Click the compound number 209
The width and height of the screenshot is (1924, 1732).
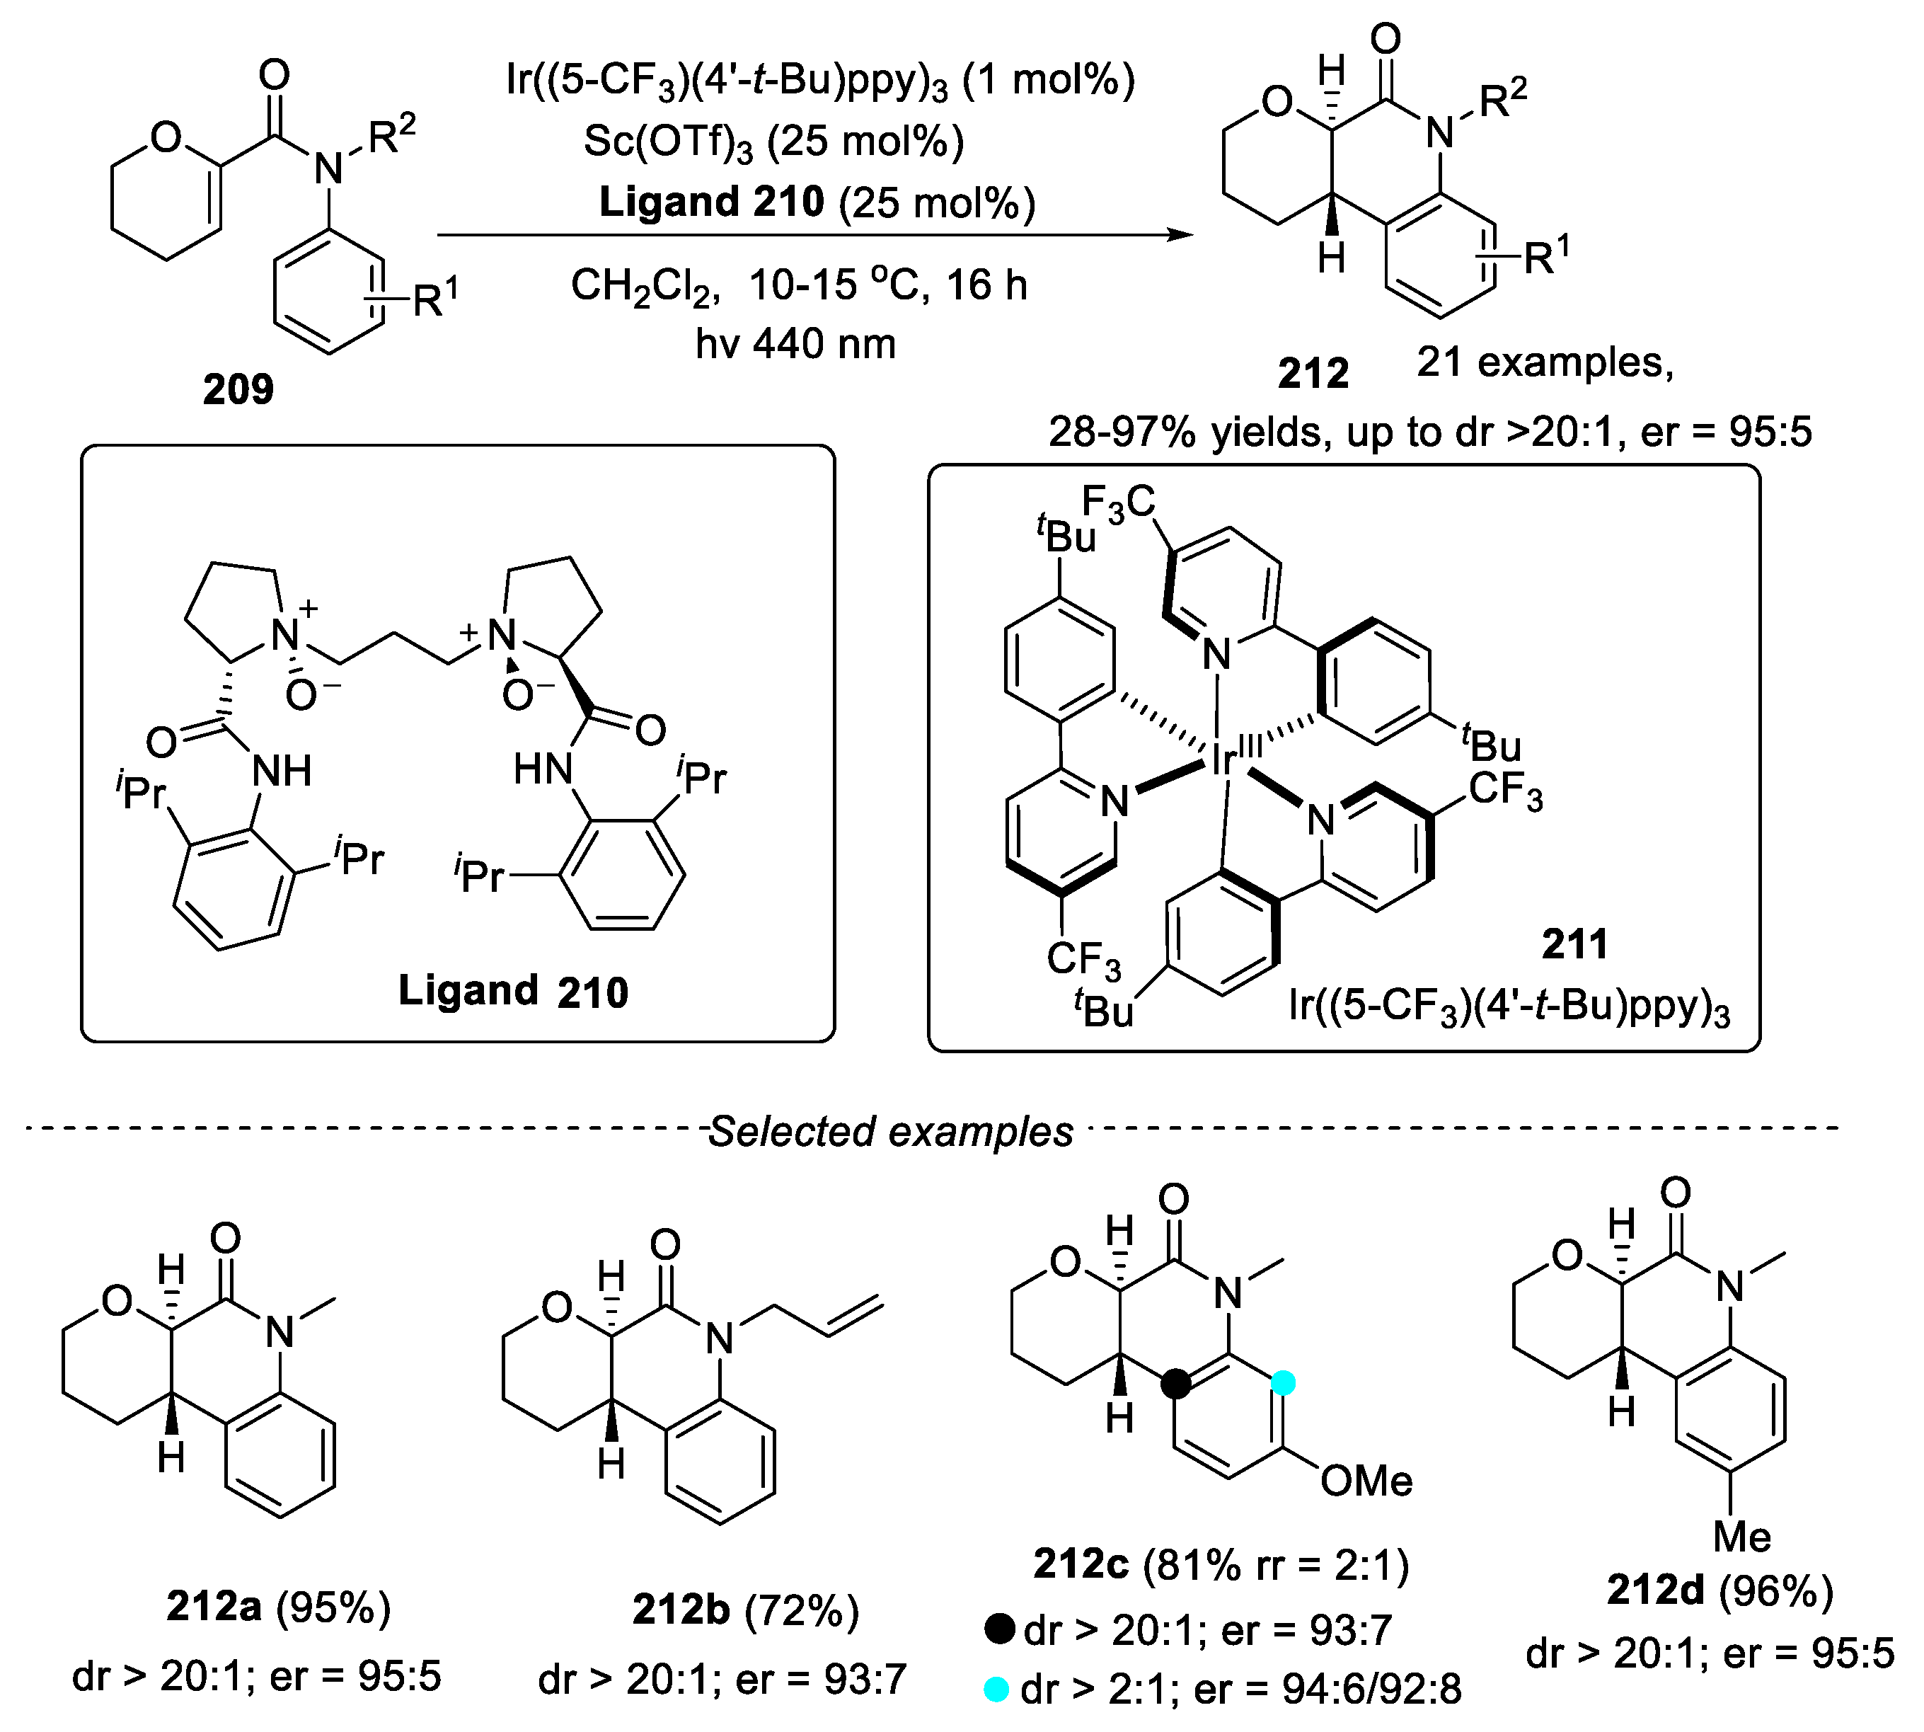[x=238, y=389]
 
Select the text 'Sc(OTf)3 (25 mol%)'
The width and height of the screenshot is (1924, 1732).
[x=773, y=142]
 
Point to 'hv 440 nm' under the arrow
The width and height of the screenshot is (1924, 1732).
[x=795, y=343]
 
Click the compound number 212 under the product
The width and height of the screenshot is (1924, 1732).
[x=1313, y=373]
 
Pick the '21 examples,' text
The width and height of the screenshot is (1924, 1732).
[x=1544, y=362]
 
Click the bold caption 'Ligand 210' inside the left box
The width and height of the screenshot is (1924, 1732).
[x=513, y=992]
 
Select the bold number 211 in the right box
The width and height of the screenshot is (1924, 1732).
[x=1574, y=944]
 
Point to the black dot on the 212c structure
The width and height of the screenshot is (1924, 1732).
[x=1177, y=1384]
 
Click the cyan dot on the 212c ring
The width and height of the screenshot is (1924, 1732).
[x=1284, y=1383]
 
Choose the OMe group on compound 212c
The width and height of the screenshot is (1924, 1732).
[x=1366, y=1481]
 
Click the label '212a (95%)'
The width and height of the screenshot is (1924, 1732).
[x=279, y=1607]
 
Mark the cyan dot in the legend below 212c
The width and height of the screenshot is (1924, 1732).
[x=996, y=1690]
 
